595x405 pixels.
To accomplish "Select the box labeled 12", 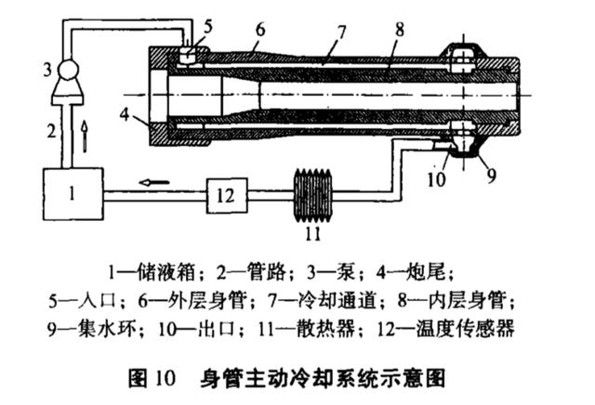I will pyautogui.click(x=226, y=194).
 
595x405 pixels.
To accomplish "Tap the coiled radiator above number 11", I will pyautogui.click(x=317, y=193).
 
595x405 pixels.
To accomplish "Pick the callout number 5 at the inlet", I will pyautogui.click(x=207, y=25).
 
